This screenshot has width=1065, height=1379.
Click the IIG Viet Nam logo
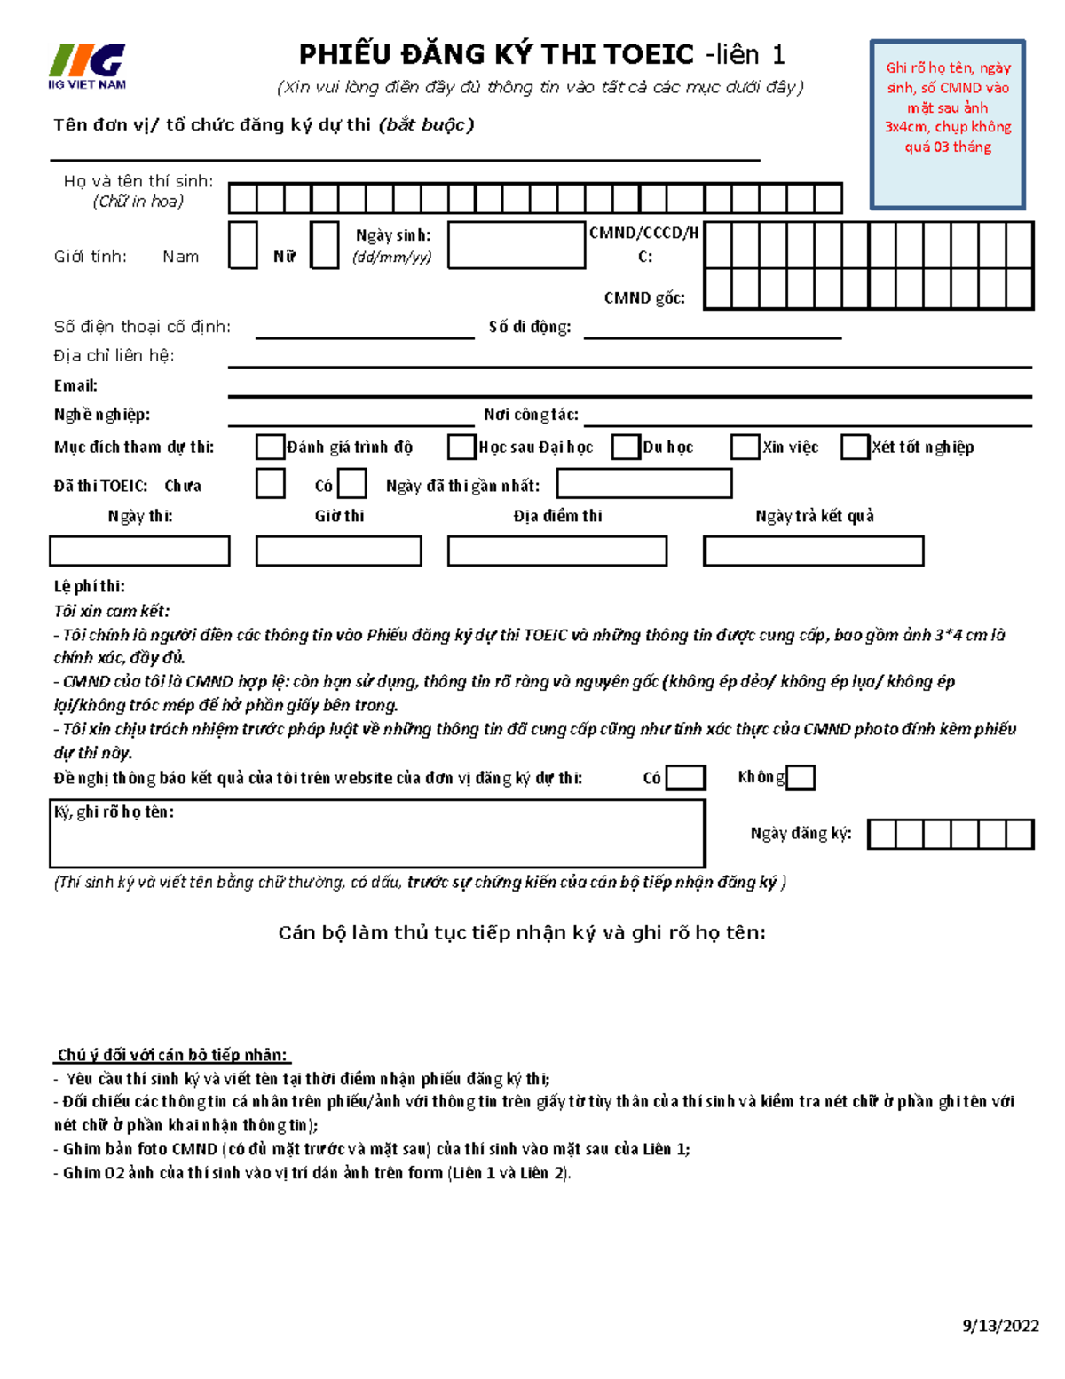87,67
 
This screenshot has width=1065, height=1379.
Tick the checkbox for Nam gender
242,246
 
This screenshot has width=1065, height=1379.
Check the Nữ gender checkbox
324,246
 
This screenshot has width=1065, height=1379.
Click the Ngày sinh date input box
517,245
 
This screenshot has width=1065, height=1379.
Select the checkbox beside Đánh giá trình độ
270,447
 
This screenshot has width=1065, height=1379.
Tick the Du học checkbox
627,447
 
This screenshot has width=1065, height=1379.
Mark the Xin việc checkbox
745,447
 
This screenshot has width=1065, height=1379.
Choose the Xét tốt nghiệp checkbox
855,447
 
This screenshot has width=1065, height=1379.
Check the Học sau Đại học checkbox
461,447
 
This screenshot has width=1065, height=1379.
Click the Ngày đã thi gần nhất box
644,484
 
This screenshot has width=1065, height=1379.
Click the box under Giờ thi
338,551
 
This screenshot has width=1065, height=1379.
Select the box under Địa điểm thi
556,551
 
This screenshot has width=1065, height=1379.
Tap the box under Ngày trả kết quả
813,551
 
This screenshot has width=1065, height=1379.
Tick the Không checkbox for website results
801,778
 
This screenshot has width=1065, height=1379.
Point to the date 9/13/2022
1000,1326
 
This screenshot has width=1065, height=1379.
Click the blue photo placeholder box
947,124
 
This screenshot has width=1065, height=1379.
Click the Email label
75,385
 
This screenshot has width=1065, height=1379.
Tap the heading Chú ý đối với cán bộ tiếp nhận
172,1055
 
